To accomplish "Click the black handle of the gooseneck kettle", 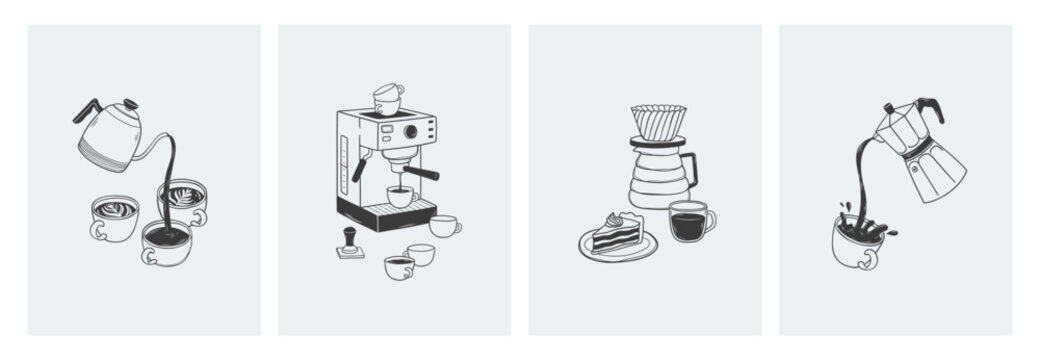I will click(84, 110).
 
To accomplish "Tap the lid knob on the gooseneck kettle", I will click(127, 102).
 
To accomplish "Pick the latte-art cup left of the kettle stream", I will click(113, 217).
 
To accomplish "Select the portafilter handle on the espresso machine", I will click(420, 173).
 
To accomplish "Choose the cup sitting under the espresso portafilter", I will click(400, 196).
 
